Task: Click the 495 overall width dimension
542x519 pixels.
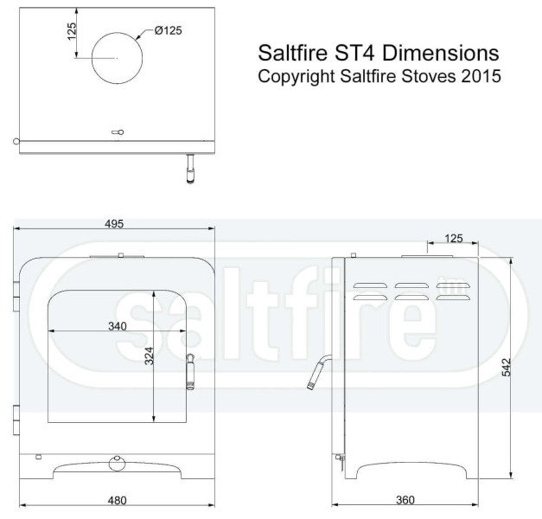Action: pos(115,223)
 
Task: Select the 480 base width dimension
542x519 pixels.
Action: pos(118,499)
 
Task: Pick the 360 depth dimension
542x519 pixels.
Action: pos(405,499)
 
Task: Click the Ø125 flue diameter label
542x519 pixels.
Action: pos(169,31)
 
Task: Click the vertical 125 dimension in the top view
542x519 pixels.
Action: pos(72,32)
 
